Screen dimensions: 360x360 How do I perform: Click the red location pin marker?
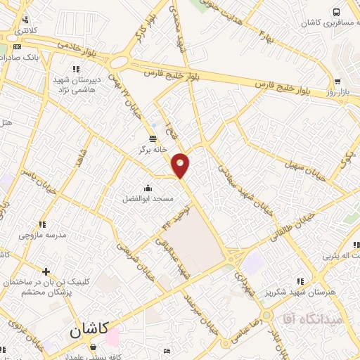point(181,165)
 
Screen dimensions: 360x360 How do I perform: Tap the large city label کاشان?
point(89,329)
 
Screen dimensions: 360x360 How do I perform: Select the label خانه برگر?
point(153,149)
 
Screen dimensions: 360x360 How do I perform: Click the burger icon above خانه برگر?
point(153,138)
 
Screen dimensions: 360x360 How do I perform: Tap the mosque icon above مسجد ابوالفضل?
point(148,188)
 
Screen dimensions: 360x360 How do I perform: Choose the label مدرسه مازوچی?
point(43,235)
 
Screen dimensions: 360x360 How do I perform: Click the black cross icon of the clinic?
point(46,271)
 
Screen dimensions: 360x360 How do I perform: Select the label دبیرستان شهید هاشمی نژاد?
point(78,84)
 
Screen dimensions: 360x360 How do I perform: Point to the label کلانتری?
point(27,31)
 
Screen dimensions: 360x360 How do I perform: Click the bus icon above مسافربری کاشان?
point(337,12)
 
